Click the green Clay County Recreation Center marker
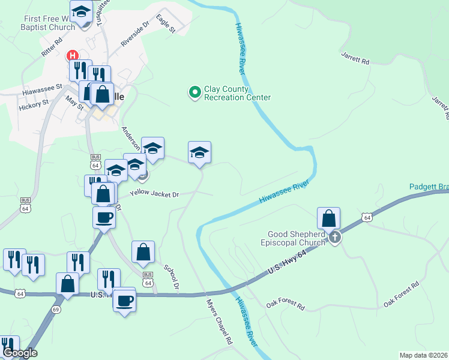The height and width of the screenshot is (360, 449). point(194,92)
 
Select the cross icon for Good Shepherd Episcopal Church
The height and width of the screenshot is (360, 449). point(335,238)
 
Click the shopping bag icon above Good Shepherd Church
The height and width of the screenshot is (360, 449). point(328,218)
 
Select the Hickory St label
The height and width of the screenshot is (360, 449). point(33,104)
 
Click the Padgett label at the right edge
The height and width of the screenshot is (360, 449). point(429,187)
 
